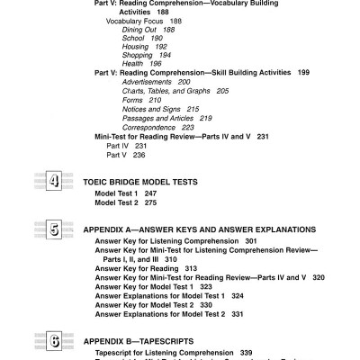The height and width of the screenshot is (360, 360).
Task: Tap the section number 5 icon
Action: [53, 230]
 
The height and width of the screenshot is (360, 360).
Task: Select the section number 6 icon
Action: [53, 341]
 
